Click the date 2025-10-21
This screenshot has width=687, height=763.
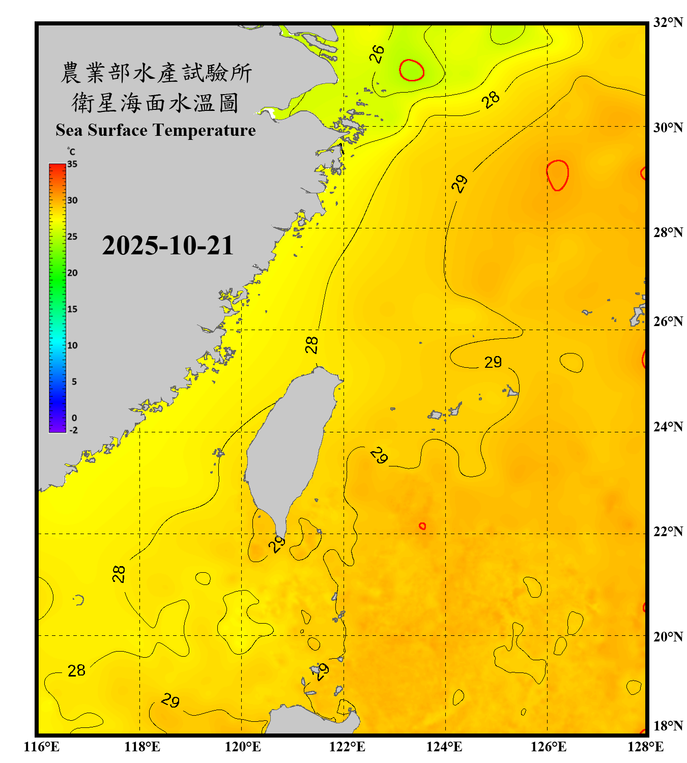point(167,246)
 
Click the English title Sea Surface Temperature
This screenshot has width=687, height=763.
point(156,130)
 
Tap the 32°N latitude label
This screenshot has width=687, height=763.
point(668,22)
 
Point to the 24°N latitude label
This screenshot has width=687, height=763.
point(668,427)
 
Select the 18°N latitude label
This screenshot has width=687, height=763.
point(668,726)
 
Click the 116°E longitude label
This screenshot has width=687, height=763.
point(42,747)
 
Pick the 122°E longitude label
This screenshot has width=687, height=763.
point(347,747)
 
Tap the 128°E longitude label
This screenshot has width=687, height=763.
point(645,747)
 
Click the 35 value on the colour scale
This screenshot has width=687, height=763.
point(72,164)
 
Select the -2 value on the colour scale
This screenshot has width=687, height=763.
point(73,430)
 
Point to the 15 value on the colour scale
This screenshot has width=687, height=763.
point(72,309)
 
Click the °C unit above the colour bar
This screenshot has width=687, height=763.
point(71,152)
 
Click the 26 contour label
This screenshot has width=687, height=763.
point(377,54)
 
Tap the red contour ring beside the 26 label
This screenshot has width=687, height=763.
point(412,70)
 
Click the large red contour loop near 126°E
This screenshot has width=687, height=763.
point(558,175)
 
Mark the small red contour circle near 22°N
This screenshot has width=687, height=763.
point(422,526)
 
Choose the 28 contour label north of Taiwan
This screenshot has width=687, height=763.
point(311,345)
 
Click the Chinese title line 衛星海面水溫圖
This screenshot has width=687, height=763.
point(155,103)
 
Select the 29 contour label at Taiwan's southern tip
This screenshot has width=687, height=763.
point(277,545)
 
